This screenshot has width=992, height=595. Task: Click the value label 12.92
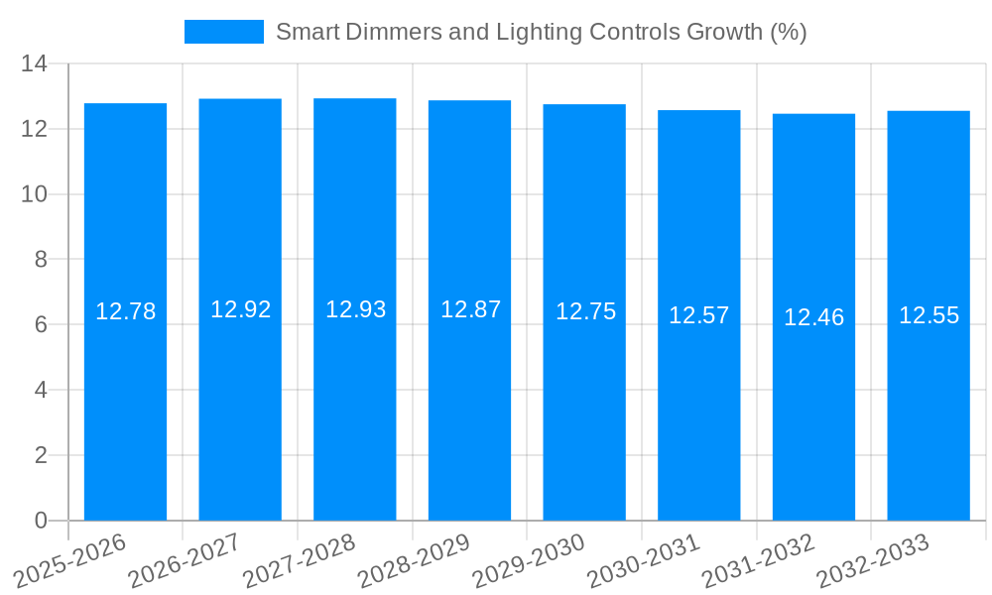point(240,309)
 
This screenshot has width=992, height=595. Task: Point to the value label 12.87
point(470,309)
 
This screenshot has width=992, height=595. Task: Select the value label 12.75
point(585,311)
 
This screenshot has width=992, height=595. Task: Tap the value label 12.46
point(813,317)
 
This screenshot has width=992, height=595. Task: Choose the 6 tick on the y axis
point(41,325)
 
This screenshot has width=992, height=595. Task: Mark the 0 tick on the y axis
point(41,521)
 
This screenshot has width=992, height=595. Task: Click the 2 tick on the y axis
point(41,455)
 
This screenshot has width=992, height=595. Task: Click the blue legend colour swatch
point(224,32)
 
